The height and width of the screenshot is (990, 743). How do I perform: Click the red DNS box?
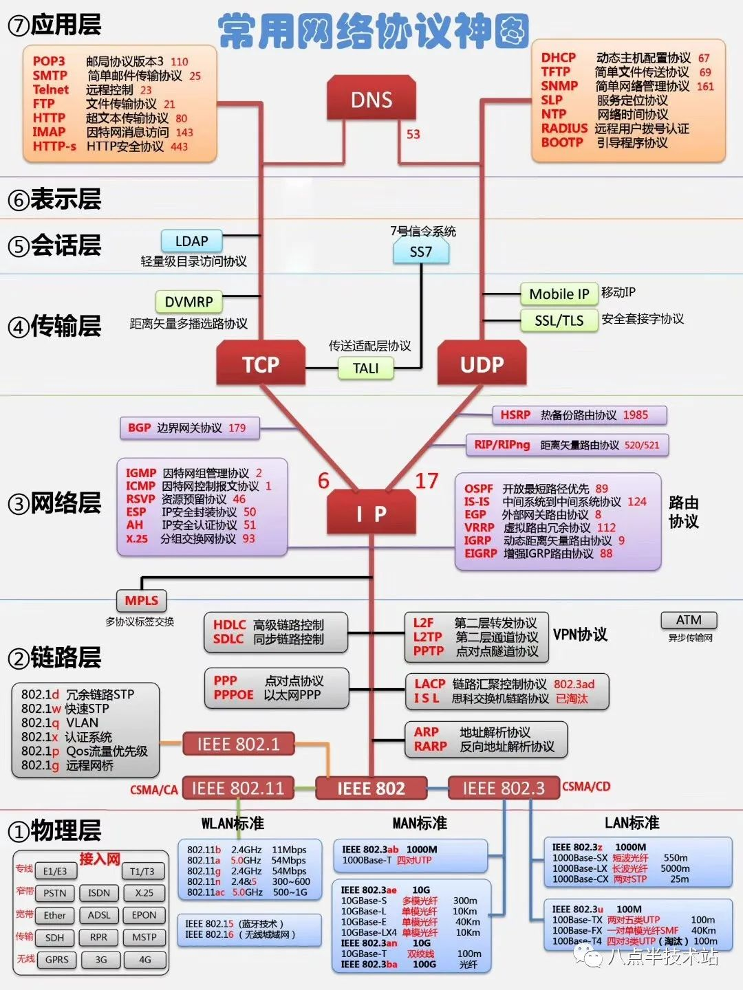point(371,100)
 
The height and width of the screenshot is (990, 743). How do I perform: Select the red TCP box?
point(261,364)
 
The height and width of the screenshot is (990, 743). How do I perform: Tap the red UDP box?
point(482,364)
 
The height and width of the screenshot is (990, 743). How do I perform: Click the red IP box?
point(371,513)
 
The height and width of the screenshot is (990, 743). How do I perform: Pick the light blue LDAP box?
point(192,241)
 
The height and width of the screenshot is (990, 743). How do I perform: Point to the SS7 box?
point(421,252)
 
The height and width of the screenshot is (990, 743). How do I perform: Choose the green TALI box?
point(365,368)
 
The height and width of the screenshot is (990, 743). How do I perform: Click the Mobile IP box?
point(559,294)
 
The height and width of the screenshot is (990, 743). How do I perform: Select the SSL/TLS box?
point(559,320)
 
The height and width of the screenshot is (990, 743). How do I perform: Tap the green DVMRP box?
point(189,302)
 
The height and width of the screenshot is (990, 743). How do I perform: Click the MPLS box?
point(141,601)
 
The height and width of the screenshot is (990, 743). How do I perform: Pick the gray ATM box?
point(689,620)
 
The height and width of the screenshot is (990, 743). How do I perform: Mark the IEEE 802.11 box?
point(237,789)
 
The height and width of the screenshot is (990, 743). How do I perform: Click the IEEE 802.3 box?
point(504,789)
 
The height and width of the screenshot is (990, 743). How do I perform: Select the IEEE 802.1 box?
point(238,744)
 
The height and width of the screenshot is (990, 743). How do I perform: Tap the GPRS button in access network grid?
point(57,960)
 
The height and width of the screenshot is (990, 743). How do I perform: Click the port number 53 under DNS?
point(413,134)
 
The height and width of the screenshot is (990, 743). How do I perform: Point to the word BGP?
point(139,428)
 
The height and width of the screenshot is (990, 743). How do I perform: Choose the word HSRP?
point(515,415)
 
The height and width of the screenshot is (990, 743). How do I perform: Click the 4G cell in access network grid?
point(144,960)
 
